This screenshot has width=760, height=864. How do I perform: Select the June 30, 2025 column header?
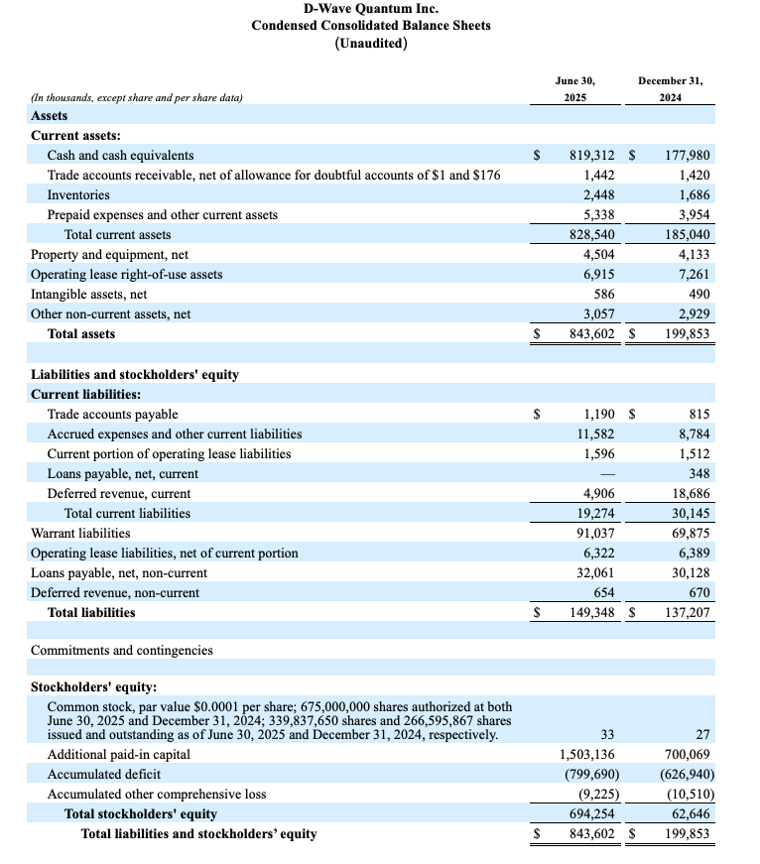(575, 88)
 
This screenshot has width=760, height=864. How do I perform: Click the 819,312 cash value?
(592, 156)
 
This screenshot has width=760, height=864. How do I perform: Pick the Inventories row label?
(78, 195)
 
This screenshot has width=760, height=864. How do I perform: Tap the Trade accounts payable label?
(113, 415)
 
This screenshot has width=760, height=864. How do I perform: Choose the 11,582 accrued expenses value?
(595, 434)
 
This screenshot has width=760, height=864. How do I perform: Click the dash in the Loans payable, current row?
(607, 474)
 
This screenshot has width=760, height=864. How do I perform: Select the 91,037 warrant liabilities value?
(595, 534)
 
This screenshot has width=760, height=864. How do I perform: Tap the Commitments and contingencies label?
(122, 651)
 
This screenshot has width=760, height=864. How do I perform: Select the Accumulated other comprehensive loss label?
(157, 795)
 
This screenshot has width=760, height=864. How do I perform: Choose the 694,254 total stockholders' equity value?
(592, 814)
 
